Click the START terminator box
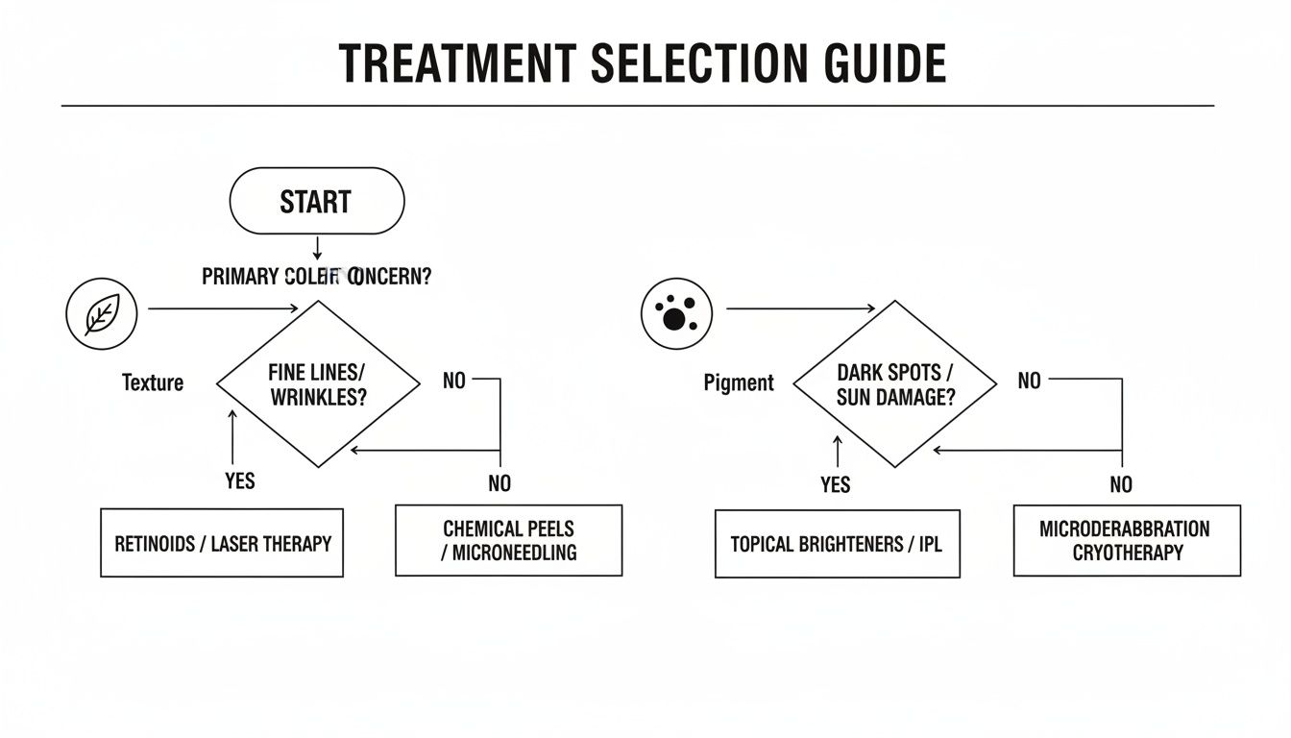pos(316,201)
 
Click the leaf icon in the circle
pos(102,314)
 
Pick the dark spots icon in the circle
pos(675,313)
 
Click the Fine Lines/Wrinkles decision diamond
pos(318,384)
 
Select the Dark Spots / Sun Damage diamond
pos(894,384)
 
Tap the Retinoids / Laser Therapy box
pos(222,543)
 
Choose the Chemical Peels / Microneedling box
pos(508,540)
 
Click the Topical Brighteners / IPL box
pos(837,544)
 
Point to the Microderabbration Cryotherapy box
pos(1126,540)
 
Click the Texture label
pos(153,382)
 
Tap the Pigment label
pos(738,382)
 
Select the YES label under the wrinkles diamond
pos(239,480)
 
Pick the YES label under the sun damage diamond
pos(835,484)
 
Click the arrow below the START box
pos(316,247)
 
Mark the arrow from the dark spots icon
pos(799,308)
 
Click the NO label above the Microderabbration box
pos(1120,484)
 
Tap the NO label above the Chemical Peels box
pos(499,483)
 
